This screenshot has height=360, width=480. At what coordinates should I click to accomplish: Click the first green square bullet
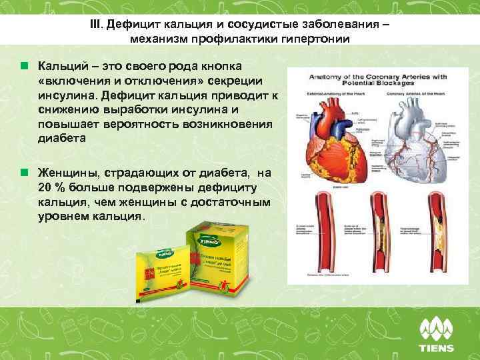coord(25,67)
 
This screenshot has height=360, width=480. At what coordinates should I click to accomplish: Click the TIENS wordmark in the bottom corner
coord(437,347)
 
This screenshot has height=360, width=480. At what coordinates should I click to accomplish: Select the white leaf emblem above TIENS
coord(437,327)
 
